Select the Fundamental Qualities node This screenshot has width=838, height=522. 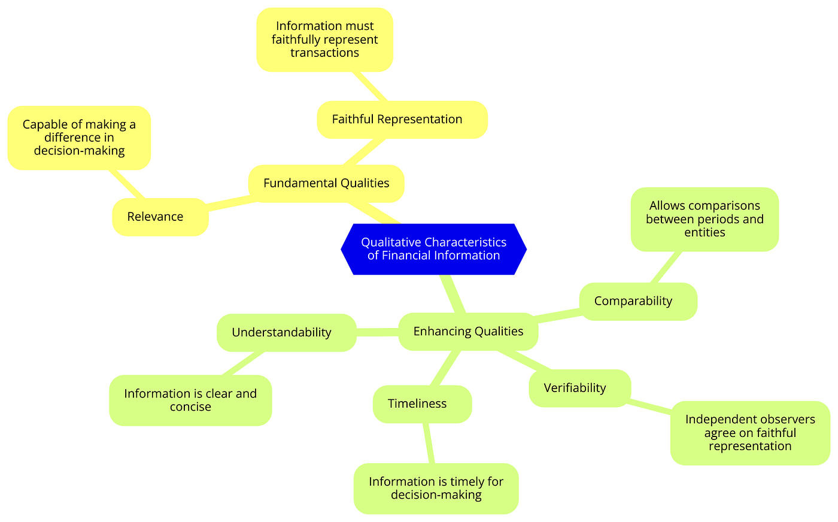pyautogui.click(x=326, y=183)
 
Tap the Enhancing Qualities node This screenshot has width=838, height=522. pyautogui.click(x=468, y=331)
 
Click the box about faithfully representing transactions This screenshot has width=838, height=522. pyautogui.click(x=324, y=40)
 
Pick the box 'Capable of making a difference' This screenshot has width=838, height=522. pyautogui.click(x=79, y=138)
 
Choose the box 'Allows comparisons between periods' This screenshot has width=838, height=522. pyautogui.click(x=705, y=219)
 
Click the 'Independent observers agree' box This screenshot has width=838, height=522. pyautogui.click(x=749, y=433)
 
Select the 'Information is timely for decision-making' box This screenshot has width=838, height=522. pyautogui.click(x=436, y=488)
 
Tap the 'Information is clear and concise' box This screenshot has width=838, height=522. pyautogui.click(x=190, y=400)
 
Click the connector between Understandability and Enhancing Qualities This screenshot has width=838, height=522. pyautogui.click(x=377, y=332)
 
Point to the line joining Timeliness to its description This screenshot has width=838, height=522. pyautogui.click(x=428, y=443)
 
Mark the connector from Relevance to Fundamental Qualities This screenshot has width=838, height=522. pyautogui.click(x=228, y=204)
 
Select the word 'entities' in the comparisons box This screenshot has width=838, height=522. pyautogui.click(x=705, y=232)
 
